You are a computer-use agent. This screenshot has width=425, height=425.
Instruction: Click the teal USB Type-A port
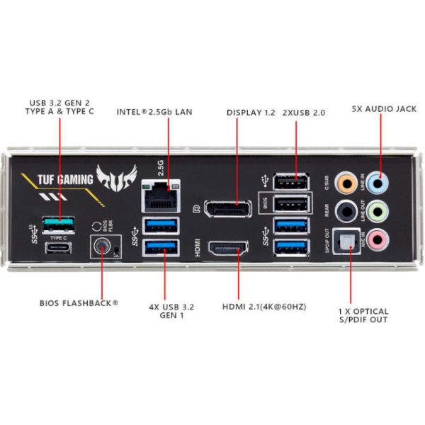point(61,225)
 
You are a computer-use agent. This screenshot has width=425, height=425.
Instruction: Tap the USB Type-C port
point(61,247)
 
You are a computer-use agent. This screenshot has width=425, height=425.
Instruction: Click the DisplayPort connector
point(228,209)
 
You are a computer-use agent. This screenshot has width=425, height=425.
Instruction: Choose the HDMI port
point(228,249)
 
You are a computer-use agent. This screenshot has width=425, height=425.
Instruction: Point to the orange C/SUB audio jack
point(347,182)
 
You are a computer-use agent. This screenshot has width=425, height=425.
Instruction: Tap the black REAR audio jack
point(347,210)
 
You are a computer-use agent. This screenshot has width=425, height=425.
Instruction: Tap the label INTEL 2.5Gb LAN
point(154,112)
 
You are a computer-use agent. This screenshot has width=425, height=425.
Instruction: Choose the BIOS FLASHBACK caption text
point(79,304)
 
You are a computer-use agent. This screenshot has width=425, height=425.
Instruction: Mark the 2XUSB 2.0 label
point(305,112)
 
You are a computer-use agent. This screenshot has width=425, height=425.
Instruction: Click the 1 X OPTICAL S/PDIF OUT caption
point(363,316)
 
